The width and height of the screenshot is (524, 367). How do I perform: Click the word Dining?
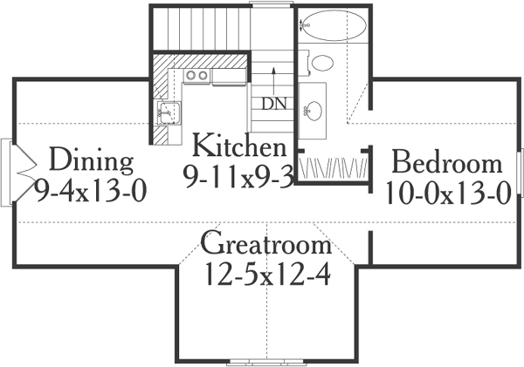coord(91,160)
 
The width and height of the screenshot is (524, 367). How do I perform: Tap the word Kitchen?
coord(238,145)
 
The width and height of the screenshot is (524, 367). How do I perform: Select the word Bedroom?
coord(446,162)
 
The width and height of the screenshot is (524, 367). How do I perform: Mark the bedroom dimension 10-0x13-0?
coord(446,191)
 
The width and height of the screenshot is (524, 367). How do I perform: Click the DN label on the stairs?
coord(273,103)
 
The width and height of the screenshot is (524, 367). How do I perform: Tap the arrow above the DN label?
coord(274,75)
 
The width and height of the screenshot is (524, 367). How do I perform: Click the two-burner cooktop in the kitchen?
coord(196,77)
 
